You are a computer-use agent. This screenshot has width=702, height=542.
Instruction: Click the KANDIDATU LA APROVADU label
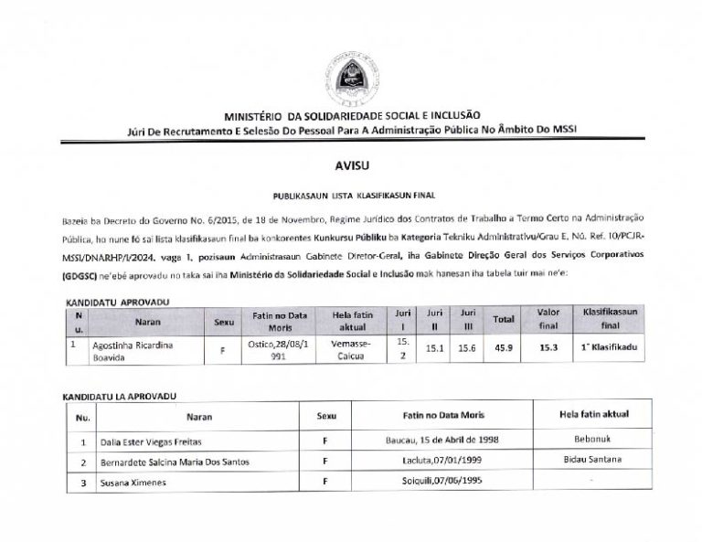click(119, 398)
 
